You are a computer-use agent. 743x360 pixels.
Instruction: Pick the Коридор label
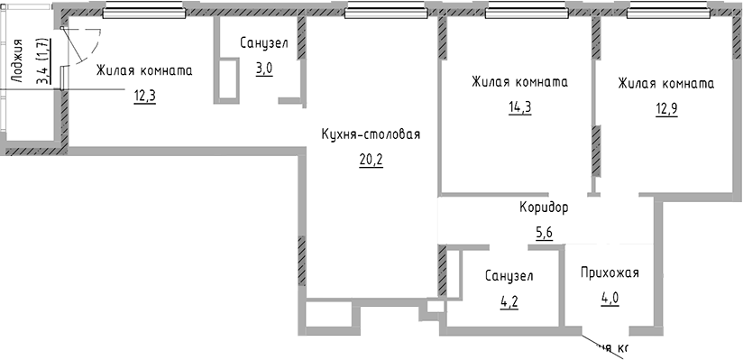pyautogui.click(x=544, y=208)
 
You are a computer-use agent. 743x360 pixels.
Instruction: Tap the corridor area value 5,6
pyautogui.click(x=544, y=233)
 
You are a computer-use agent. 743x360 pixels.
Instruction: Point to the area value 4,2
pyautogui.click(x=509, y=300)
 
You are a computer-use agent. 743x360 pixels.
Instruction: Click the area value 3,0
pyautogui.click(x=264, y=68)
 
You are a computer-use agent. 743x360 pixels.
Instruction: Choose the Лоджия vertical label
pyautogui.click(x=16, y=60)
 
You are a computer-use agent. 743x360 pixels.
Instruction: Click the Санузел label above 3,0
pyautogui.click(x=264, y=42)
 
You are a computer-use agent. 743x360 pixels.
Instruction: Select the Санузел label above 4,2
pyautogui.click(x=509, y=275)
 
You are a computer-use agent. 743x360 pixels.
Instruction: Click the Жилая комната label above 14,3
pyautogui.click(x=518, y=81)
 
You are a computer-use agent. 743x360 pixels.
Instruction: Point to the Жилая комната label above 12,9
pyautogui.click(x=665, y=84)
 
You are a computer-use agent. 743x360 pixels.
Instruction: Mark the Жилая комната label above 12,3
pyautogui.click(x=144, y=69)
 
